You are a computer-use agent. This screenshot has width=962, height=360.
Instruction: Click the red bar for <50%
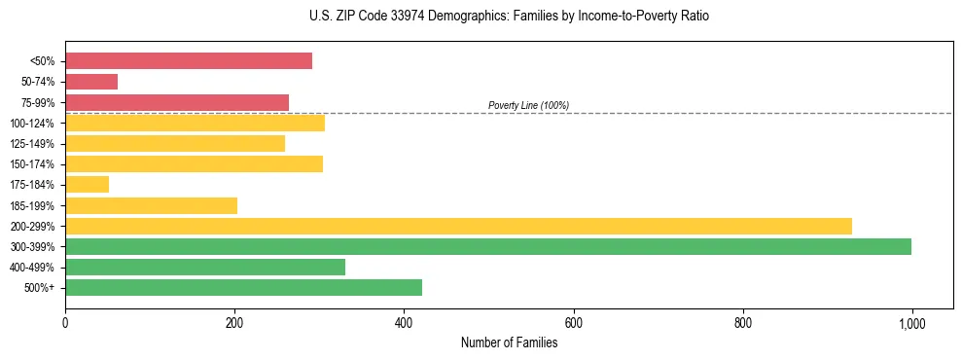point(189,61)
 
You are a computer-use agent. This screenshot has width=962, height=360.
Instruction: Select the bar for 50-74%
point(91,82)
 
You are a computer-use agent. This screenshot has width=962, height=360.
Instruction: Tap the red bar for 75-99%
point(177,102)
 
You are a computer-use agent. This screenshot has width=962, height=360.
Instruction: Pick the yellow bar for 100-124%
point(195,123)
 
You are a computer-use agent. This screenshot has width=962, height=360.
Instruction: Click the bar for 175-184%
point(88,184)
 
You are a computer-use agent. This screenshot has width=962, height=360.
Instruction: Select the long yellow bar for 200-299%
point(458,226)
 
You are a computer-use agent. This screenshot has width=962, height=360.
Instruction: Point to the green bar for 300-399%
point(488,246)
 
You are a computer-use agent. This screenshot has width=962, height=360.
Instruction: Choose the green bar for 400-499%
point(205,267)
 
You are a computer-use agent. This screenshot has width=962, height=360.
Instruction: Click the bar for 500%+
point(243,287)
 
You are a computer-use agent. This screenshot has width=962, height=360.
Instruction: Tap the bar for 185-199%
point(151,205)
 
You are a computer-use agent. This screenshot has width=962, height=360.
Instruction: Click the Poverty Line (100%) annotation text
point(528,105)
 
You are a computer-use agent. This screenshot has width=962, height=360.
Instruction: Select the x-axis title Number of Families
point(509,342)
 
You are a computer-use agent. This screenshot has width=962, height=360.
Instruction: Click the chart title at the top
point(509,17)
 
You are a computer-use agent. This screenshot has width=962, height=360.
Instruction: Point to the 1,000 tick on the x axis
point(911,323)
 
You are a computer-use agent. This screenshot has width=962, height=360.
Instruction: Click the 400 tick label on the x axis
point(404,323)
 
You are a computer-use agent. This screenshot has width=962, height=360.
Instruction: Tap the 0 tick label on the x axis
point(65,323)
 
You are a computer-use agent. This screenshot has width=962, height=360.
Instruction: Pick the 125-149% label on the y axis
point(32,144)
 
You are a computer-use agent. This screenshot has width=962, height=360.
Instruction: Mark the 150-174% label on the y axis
point(32,164)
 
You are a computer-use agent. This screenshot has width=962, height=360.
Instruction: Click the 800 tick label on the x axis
point(743,323)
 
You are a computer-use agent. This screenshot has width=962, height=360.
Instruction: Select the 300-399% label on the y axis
point(32,247)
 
